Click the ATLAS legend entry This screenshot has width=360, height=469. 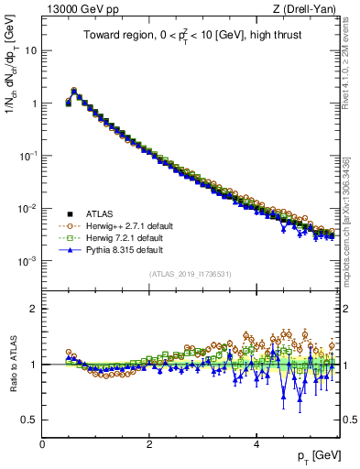pyautogui.click(x=98, y=213)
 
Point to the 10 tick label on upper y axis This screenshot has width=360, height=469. pyautogui.click(x=31, y=50)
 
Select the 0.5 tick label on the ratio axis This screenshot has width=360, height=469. pyautogui.click(x=29, y=420)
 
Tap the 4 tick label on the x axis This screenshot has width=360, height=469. pyautogui.click(x=256, y=444)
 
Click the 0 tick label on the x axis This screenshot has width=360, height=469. pyautogui.click(x=42, y=444)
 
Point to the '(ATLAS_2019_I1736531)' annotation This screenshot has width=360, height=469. pyautogui.click(x=191, y=275)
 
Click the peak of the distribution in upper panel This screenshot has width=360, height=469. pyautogui.click(x=73, y=91)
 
